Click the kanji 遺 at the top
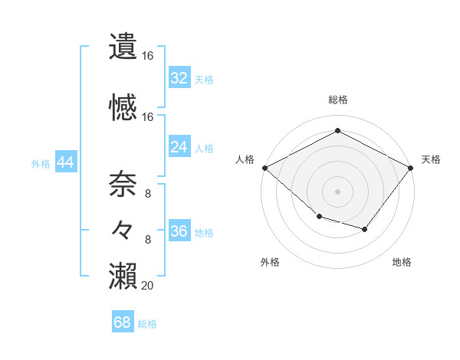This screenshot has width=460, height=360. click(x=123, y=47)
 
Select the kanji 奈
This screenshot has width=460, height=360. click(x=123, y=185)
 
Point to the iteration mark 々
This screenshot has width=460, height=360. click(x=123, y=229)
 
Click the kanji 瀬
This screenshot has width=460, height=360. click(x=123, y=274)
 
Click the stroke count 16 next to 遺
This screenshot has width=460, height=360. click(x=147, y=56)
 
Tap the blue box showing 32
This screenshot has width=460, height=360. click(x=179, y=78)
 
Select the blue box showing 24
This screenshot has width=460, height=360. click(x=179, y=147)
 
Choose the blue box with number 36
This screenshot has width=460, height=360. click(x=179, y=231)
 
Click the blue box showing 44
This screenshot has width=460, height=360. click(x=65, y=162)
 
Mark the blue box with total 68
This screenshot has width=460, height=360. click(x=123, y=322)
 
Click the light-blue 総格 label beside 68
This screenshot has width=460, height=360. click(x=147, y=324)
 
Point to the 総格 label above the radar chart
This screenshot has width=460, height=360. click(x=337, y=100)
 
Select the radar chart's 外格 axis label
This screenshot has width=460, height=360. click(x=270, y=262)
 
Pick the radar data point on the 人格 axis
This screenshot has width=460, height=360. click(x=264, y=168)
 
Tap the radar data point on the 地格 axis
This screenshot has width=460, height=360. click(x=365, y=229)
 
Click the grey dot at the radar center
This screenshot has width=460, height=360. click(x=337, y=191)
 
